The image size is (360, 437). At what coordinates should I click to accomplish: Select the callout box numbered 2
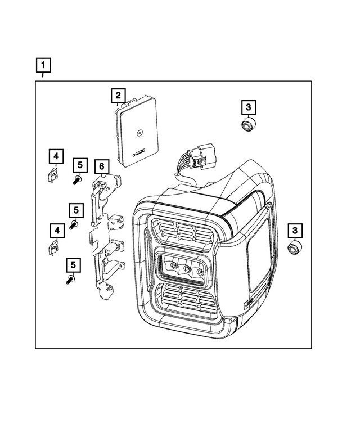(x=118, y=96)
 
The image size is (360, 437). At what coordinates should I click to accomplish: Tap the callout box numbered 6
(x=101, y=166)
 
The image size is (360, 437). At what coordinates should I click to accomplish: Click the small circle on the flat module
(x=138, y=133)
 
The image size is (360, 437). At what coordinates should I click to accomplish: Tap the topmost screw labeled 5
(x=78, y=180)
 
